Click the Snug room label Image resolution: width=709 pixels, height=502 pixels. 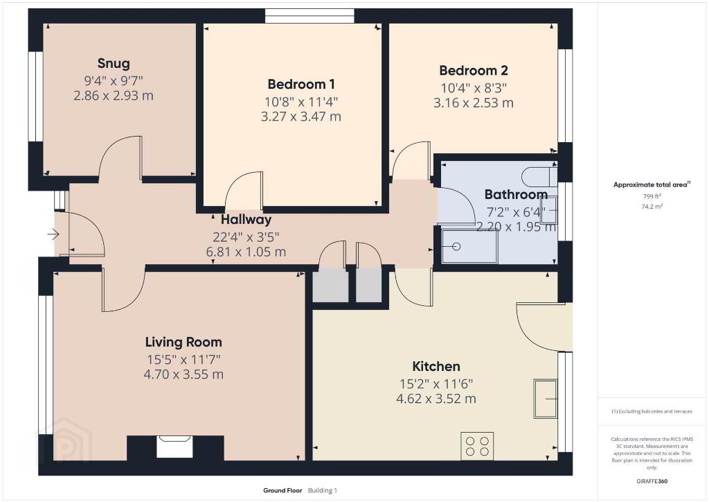pos(114,63)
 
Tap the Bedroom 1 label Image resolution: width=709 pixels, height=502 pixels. pos(301,84)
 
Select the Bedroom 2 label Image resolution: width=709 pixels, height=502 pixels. pos(474,71)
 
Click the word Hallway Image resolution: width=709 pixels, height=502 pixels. pos(246,220)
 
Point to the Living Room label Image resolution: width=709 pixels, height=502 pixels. pos(183,343)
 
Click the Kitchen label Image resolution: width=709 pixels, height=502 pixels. pos(436,366)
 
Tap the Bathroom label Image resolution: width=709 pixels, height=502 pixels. pos(516,195)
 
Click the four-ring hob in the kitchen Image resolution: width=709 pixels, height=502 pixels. pos(477,446)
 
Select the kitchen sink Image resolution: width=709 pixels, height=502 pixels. pos(546,399)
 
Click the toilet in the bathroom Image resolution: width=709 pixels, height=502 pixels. pos(539,176)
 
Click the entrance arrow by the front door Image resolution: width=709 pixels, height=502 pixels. pos(53,234)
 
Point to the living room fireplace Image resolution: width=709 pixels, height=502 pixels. pos(174,447)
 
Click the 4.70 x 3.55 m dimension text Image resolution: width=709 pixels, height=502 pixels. pos(183,374)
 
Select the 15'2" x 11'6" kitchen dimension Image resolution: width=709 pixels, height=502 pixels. pos(436,384)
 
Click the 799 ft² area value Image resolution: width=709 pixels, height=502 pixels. pos(652,196)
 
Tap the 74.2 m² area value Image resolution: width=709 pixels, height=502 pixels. pos(652,207)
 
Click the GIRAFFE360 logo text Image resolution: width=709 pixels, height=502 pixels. pos(652,481)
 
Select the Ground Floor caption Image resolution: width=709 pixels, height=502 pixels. pos(282,490)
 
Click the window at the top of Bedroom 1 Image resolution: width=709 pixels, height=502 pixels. pos(309,16)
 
